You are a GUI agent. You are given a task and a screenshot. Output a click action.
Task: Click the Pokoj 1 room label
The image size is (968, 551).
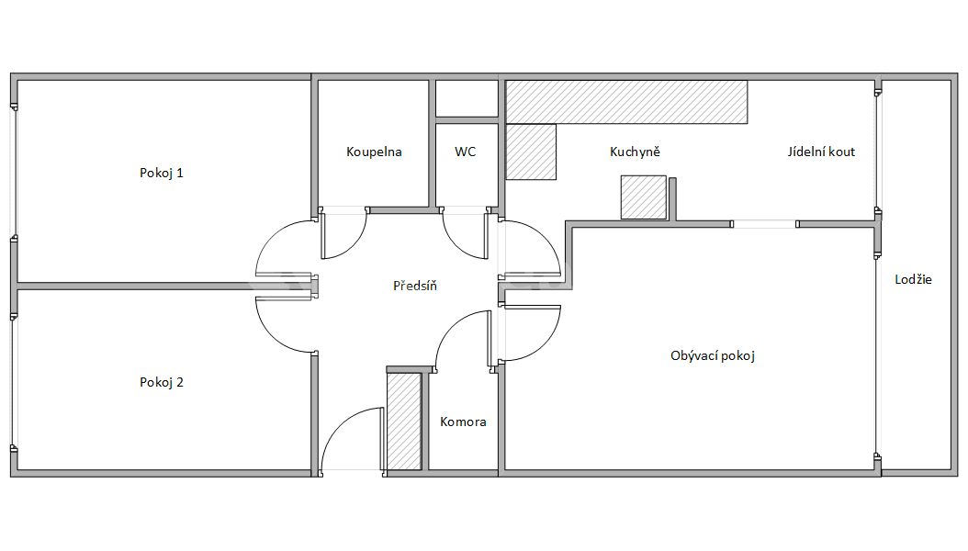pos(162,173)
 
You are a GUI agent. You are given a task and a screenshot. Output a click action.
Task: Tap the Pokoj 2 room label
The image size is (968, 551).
pos(162,382)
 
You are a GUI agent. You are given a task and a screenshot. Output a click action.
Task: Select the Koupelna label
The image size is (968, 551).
pos(374,152)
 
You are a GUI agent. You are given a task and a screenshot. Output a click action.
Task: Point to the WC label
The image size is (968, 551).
pos(466,152)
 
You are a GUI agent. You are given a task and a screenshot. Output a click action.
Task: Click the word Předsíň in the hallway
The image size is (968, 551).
pos(415,286)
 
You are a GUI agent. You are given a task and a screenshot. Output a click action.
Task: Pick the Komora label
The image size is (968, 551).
pos(463,422)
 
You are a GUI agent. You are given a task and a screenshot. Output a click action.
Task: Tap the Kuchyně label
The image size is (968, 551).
pos(636,152)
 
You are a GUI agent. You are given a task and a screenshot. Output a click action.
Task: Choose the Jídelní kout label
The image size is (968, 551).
pos(821,152)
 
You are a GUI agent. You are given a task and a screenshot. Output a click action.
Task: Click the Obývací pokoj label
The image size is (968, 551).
pos(713,355)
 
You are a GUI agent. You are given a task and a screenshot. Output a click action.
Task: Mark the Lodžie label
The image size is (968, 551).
pos(913,279)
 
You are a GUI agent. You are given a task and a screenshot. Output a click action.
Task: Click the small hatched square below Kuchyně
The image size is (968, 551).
pos(644,197)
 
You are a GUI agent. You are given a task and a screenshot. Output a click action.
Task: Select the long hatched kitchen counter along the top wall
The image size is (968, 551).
pos(627,101)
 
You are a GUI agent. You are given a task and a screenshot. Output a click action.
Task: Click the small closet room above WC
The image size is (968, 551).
pos(467,98)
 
